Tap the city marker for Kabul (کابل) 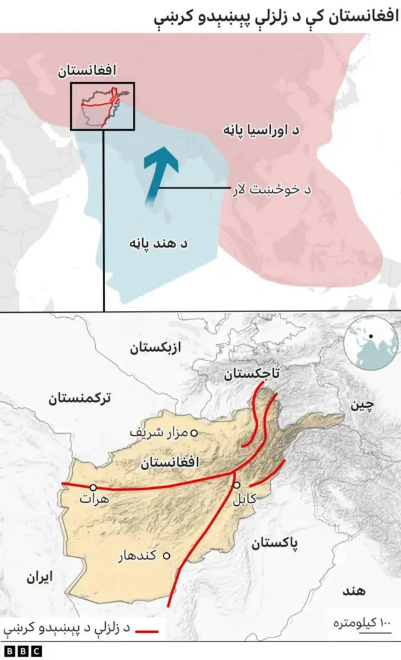(237, 485)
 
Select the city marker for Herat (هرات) (93, 487)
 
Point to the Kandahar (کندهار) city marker (167, 555)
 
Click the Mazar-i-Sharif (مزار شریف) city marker (194, 432)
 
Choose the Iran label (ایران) (39, 577)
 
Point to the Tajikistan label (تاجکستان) (253, 374)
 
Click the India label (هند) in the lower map (355, 590)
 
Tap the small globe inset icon (373, 341)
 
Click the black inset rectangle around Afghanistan (103, 106)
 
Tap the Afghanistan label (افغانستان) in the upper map (88, 71)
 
